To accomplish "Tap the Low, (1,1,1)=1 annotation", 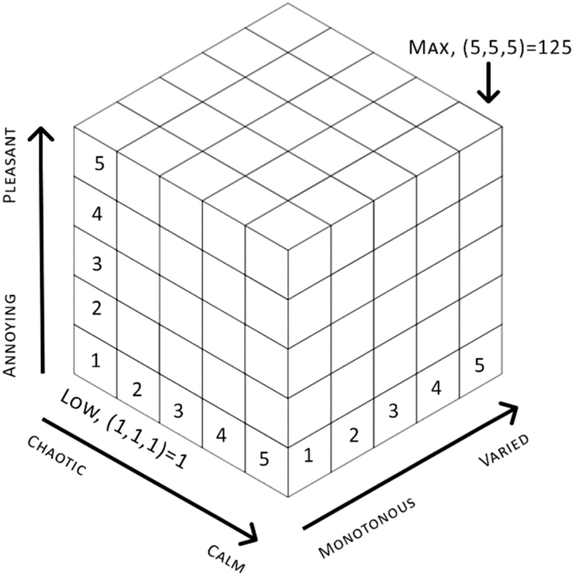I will click(x=124, y=428).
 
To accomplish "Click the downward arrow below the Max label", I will click(x=488, y=83).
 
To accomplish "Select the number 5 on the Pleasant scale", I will click(x=99, y=164).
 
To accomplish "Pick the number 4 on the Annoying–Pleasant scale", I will click(x=97, y=215).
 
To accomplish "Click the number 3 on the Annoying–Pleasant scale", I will click(x=97, y=264).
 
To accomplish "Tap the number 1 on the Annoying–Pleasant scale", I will click(x=96, y=360).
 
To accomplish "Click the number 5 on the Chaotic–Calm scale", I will click(x=264, y=459).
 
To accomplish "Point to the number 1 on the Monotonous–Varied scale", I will click(x=309, y=455).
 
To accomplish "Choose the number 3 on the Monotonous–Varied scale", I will click(x=394, y=411).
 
